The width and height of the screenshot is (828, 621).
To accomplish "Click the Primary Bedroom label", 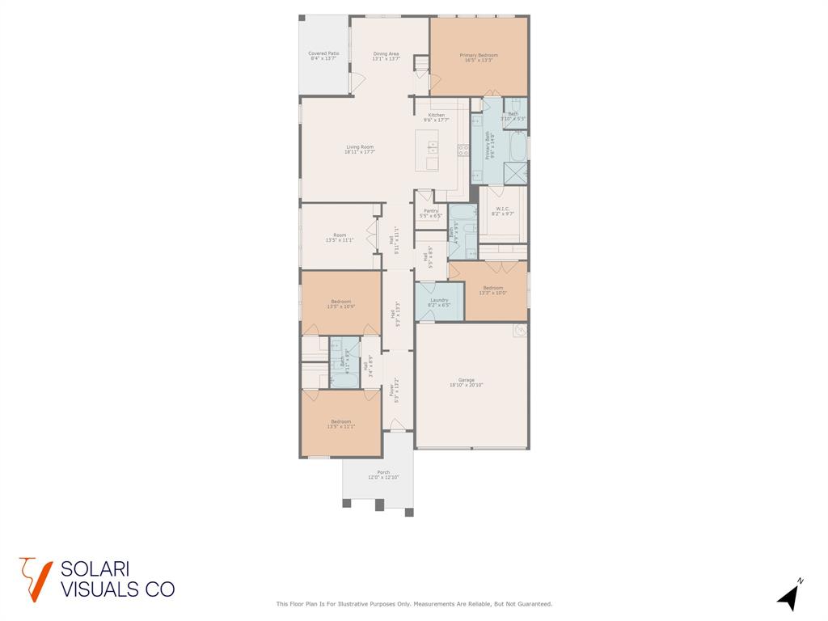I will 478,57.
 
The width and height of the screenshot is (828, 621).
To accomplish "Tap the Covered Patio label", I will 323,56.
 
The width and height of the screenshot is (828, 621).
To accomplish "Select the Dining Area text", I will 386,56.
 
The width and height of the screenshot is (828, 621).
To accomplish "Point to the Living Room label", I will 359,149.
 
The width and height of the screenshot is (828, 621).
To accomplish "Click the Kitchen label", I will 436,117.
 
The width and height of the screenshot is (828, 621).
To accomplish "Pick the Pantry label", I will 430,213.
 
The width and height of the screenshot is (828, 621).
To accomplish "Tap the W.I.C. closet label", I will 503,211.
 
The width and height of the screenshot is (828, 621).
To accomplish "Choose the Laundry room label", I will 439,302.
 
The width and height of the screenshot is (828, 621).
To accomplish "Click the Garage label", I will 467,382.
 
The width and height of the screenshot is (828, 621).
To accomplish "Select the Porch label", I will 383,475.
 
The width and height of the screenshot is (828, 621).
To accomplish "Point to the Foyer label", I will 395,389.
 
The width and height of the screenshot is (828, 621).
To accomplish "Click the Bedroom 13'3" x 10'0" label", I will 493,290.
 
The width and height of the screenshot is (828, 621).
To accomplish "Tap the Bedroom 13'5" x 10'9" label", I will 340,304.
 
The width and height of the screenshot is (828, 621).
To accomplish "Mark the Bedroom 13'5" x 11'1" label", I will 340,424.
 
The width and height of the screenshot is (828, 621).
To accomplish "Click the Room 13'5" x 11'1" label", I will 340,238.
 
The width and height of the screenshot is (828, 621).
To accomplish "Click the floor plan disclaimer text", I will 414,604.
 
